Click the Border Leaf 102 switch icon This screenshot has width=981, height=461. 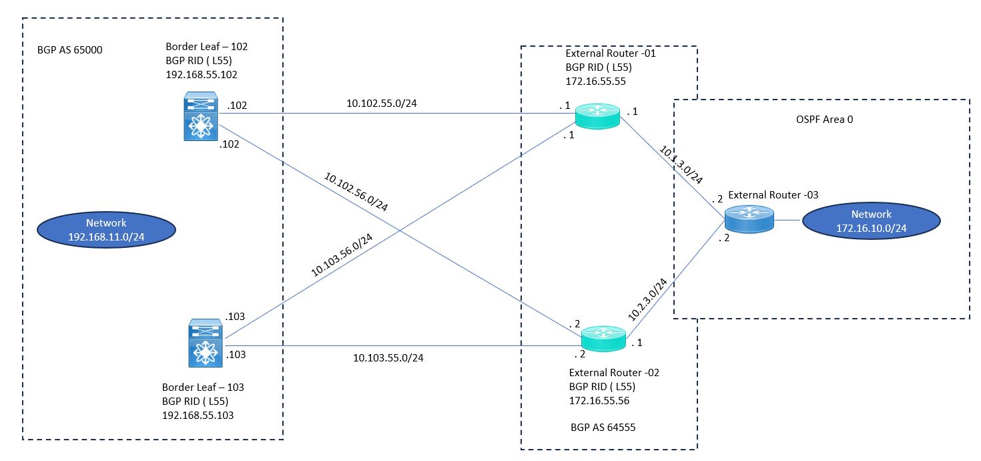click(201, 116)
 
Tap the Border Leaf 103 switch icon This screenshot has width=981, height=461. click(206, 343)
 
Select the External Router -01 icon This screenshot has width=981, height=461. click(597, 116)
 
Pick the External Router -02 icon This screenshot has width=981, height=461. click(603, 338)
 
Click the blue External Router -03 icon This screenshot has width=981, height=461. click(749, 219)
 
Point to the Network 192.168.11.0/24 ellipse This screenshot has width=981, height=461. click(106, 230)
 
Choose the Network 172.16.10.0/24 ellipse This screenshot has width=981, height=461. click(871, 220)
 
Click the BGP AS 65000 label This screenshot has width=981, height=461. click(69, 50)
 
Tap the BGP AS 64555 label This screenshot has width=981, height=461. click(603, 427)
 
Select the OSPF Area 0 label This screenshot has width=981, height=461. click(824, 120)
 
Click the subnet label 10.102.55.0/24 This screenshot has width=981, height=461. click(382, 104)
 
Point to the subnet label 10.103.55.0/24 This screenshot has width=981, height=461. click(388, 358)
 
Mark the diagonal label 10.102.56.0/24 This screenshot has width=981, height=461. click(356, 192)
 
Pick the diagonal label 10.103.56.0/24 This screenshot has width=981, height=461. click(342, 255)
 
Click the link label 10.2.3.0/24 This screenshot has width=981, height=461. click(647, 299)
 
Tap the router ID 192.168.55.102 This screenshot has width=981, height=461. click(202, 75)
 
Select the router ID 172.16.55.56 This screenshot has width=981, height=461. click(599, 400)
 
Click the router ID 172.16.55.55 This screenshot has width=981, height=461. click(595, 81)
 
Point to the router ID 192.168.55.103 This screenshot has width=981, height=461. click(198, 416)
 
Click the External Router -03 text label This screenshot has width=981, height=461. click(773, 194)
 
